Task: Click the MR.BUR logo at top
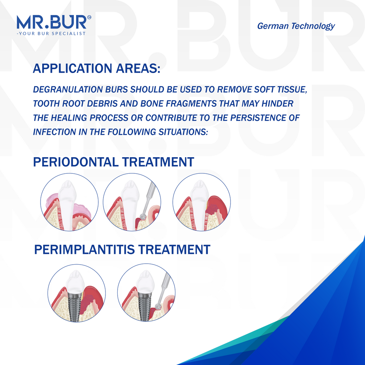coord(52,22)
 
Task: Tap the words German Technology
coord(296,26)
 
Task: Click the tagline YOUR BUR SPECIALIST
coord(52,33)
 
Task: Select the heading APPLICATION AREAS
coord(97,69)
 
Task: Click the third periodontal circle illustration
coord(202,202)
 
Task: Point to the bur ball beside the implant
coord(157,307)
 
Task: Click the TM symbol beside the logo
coord(89,17)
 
